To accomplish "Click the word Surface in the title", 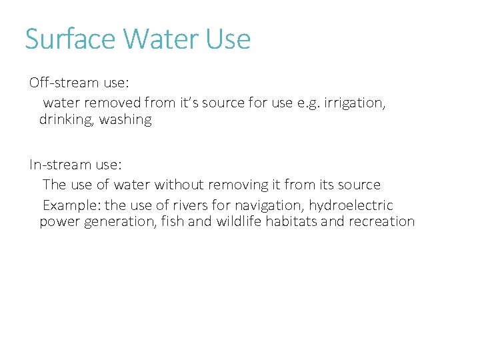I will [71, 39].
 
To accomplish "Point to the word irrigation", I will [354, 103].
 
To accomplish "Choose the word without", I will [177, 185].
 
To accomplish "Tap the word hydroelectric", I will [351, 205].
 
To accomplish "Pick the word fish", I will [172, 222].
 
